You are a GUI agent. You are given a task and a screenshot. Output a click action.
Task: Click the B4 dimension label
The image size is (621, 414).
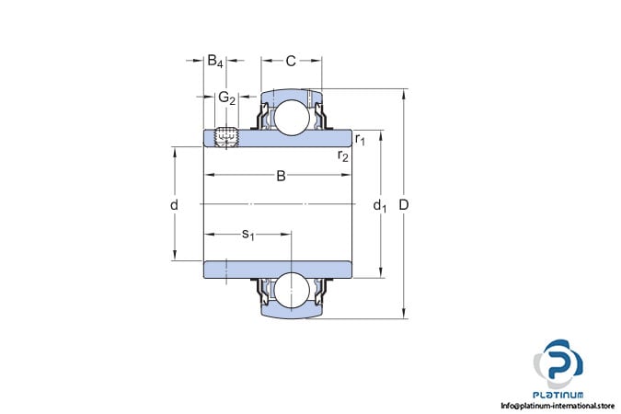(x=215, y=62)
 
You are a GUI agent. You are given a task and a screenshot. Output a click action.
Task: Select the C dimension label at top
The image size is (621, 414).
(x=291, y=61)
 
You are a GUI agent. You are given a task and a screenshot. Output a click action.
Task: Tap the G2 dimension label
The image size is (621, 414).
(x=227, y=98)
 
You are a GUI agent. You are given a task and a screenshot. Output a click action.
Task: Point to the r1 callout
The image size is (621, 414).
(x=360, y=139)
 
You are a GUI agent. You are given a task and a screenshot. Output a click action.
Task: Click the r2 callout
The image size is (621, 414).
(x=343, y=155)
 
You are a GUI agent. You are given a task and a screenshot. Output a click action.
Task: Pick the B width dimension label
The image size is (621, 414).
(x=281, y=176)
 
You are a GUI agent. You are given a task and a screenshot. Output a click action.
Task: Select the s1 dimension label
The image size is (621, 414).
(x=248, y=235)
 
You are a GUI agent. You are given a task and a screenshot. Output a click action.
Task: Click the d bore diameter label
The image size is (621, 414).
(x=174, y=205)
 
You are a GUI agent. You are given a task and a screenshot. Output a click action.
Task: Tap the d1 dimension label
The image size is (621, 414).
(x=380, y=205)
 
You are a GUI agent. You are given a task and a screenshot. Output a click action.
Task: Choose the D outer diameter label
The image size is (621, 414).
(x=404, y=205)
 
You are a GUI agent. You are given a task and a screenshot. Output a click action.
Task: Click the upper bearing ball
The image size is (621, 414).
(x=292, y=117)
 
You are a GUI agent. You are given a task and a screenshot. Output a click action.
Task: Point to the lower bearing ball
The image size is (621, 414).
(x=292, y=291)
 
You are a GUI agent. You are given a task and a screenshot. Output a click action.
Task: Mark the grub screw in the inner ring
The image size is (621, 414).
(x=226, y=137)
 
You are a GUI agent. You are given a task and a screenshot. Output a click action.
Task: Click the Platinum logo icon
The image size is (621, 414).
(x=558, y=363)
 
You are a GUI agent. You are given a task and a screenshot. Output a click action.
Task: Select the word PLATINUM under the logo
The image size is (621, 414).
(x=558, y=395)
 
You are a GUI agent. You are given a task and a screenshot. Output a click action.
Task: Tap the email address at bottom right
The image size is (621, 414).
(x=558, y=406)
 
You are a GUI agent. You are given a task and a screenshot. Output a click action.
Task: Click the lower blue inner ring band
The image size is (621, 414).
(x=278, y=270)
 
